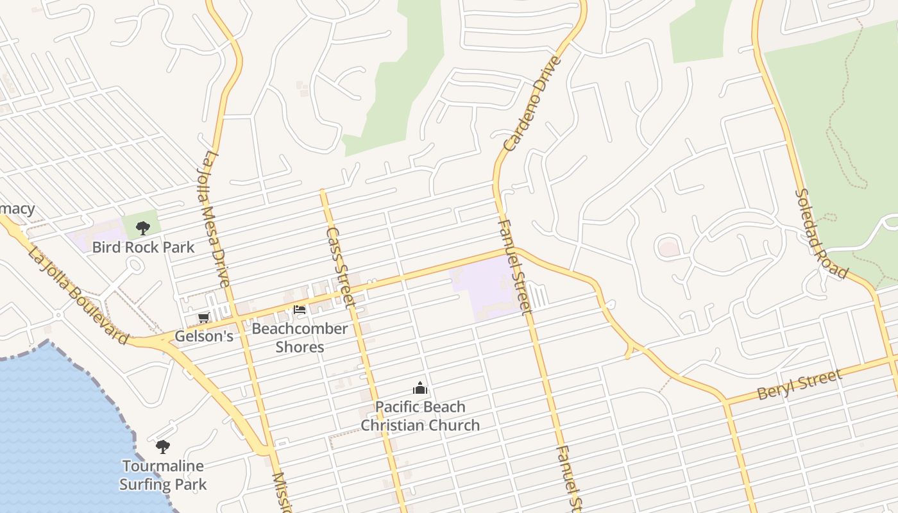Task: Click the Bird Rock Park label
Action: (x=143, y=247)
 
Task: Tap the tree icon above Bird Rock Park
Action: (x=143, y=228)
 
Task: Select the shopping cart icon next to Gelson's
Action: (x=204, y=318)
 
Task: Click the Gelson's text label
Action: (x=204, y=336)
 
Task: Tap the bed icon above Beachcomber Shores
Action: (x=300, y=310)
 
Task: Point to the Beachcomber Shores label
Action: (x=300, y=338)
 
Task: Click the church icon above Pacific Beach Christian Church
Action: (x=420, y=388)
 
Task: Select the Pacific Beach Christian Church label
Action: (x=420, y=416)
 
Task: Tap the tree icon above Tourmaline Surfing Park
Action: (x=163, y=446)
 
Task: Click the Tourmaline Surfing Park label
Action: (x=163, y=475)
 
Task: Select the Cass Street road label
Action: (x=341, y=266)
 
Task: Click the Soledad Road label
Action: (x=820, y=234)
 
